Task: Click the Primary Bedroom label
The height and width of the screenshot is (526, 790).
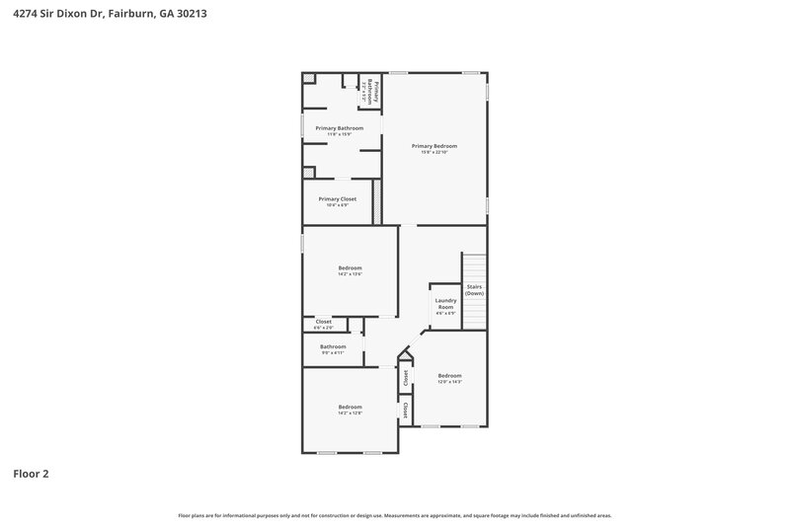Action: [x=434, y=146]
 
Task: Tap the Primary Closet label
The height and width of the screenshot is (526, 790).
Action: [x=337, y=198]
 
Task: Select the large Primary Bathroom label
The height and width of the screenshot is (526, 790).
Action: [x=339, y=128]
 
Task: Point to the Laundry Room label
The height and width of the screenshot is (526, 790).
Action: [x=445, y=304]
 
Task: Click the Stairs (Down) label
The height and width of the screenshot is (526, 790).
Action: [x=475, y=289]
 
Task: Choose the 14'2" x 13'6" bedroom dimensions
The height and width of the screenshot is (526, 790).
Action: [x=350, y=274]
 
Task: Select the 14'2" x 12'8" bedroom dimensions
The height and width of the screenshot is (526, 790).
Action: [x=350, y=413]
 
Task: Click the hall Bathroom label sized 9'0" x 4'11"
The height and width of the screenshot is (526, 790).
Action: [x=333, y=346]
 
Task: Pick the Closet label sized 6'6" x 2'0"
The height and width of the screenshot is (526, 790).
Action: [x=323, y=322]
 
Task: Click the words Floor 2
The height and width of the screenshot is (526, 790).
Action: [x=31, y=474]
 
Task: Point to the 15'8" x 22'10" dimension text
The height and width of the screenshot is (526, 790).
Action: [x=434, y=152]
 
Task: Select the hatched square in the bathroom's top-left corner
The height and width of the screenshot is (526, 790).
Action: [x=309, y=78]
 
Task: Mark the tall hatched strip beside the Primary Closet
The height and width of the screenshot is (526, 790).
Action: [x=376, y=201]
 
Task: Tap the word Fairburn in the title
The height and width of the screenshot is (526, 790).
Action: [x=130, y=15]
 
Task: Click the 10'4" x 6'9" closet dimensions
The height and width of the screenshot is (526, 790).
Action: [x=337, y=204]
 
